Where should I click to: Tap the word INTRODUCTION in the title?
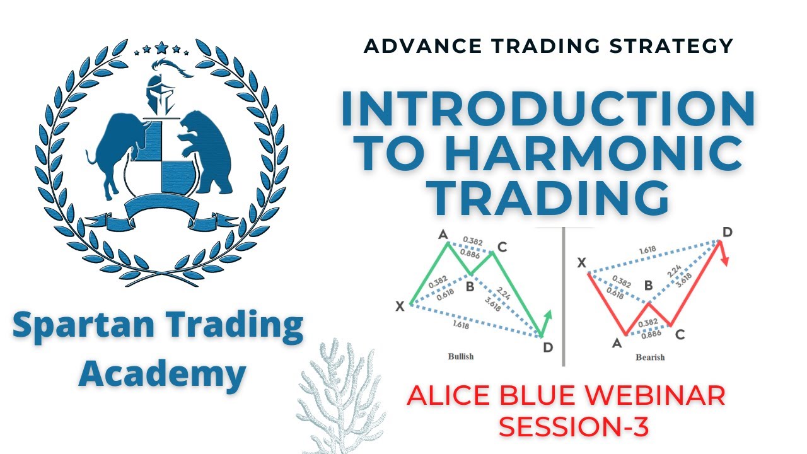click(x=547, y=108)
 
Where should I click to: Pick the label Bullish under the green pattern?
click(x=460, y=356)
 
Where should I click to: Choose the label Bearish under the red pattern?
click(x=650, y=358)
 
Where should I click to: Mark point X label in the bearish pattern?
click(x=582, y=261)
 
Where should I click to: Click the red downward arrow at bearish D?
click(x=726, y=255)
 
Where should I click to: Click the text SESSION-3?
click(x=574, y=428)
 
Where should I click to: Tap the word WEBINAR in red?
click(x=656, y=396)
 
